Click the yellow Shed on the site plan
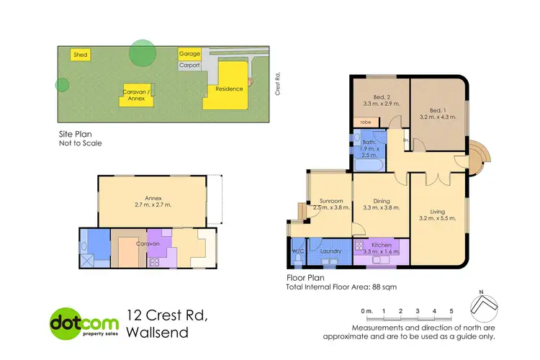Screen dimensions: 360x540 click(79, 55)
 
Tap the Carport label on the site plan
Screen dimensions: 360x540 click(189, 66)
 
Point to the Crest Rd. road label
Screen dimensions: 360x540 click(276, 83)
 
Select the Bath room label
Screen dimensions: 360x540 click(369, 142)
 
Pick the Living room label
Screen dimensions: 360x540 click(438, 211)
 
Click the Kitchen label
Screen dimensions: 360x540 click(382, 246)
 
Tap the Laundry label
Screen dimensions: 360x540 click(330, 251)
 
